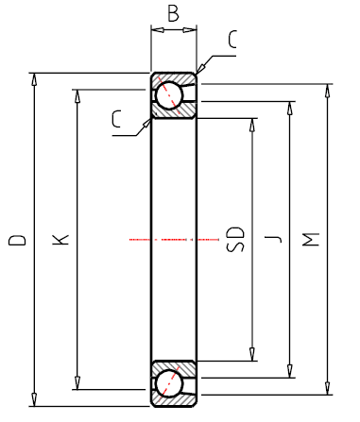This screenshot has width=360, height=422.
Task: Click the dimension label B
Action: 173,13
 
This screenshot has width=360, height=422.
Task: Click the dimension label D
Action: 17,240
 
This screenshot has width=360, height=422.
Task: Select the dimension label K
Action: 60,240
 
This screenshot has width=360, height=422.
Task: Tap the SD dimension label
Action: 235,239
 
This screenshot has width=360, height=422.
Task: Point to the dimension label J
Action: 273,239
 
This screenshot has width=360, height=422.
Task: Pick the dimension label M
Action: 311,240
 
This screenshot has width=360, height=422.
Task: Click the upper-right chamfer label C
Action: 232,40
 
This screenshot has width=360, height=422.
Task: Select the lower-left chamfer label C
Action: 116,119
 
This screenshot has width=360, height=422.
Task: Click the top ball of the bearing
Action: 169,95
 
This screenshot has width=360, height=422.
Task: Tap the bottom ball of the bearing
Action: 169,384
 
